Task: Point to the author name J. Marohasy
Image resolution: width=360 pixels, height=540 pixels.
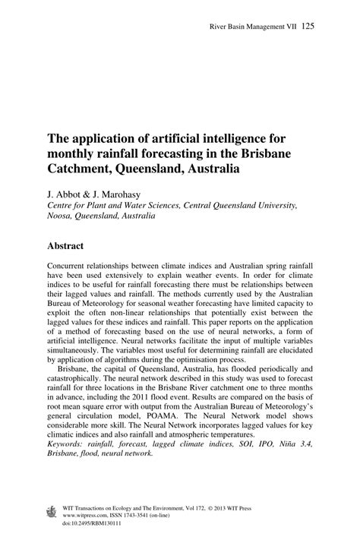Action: click(124, 194)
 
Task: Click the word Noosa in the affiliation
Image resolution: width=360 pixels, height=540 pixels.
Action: click(61, 215)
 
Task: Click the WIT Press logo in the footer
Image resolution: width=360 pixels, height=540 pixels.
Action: click(51, 511)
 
